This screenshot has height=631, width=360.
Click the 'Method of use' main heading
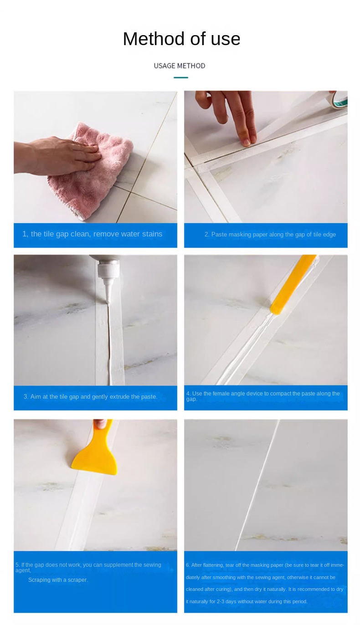tap(181, 39)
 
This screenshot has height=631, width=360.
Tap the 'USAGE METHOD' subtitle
tap(180, 66)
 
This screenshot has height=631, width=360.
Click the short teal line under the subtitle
tap(181, 77)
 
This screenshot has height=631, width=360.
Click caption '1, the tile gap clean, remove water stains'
tap(93, 234)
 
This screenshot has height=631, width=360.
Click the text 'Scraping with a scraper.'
tap(58, 580)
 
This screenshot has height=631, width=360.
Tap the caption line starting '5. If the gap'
tap(88, 567)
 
